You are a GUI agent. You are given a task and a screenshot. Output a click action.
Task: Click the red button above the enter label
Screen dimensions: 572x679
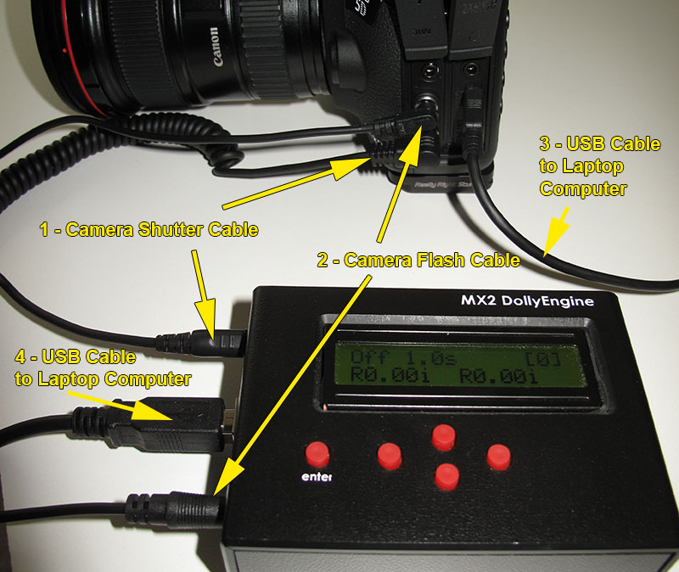(317, 452)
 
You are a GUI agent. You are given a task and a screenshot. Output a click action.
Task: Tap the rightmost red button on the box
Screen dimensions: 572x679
(498, 457)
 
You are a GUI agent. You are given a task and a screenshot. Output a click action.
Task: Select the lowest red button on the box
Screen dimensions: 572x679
(445, 475)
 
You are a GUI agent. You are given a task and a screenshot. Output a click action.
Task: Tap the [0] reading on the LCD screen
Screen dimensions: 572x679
(544, 357)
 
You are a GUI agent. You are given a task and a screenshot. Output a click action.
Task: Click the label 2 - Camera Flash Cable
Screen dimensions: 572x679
(418, 261)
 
